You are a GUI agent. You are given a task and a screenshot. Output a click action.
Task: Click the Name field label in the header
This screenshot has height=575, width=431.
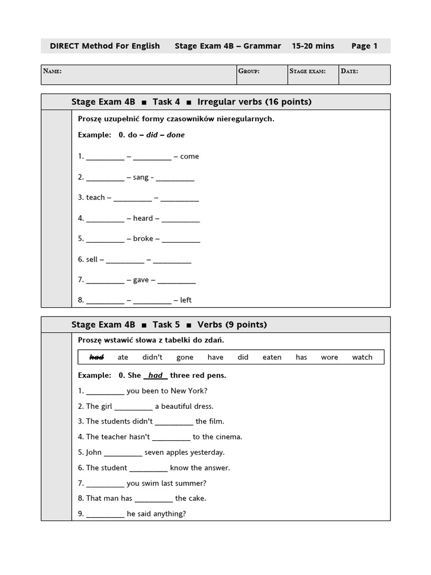point(52,71)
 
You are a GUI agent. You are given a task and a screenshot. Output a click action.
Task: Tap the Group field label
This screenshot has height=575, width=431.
point(248,71)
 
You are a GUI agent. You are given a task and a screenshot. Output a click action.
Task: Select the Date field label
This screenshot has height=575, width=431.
point(349,71)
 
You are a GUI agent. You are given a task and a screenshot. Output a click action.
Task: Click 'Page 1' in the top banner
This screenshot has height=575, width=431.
point(364,46)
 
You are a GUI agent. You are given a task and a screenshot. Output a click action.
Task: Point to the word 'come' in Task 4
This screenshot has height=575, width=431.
point(190,157)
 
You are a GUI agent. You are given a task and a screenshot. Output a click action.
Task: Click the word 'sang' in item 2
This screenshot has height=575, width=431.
point(141,177)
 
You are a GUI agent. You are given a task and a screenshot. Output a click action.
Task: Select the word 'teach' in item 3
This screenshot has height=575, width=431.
point(95,198)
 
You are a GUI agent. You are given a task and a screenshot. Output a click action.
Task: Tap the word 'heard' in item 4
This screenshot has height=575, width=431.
point(143,218)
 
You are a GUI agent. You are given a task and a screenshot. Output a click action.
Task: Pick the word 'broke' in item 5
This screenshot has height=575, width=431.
point(143,239)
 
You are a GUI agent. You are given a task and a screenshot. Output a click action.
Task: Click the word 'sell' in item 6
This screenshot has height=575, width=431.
point(91,259)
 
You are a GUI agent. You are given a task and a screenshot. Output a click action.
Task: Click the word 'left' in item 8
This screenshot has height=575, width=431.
point(186,300)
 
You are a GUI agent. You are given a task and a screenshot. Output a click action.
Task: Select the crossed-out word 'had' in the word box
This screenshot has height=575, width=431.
point(97,357)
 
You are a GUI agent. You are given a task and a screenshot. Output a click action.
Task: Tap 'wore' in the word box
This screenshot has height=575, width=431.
point(329,357)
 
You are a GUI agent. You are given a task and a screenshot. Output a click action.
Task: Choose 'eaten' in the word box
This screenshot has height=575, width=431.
point(272,357)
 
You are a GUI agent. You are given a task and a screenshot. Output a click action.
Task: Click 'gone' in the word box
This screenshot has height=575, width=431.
point(185,357)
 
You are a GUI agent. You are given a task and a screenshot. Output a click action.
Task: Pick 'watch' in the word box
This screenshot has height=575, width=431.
point(362,357)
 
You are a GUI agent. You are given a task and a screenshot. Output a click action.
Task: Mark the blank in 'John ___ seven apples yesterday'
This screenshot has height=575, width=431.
point(123,453)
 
